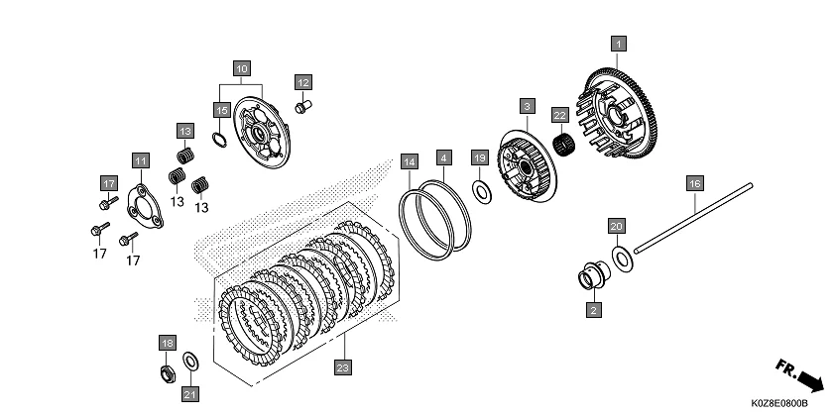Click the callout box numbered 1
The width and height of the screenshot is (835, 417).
click(x=618, y=45)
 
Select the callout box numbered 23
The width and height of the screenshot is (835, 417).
click(x=343, y=368)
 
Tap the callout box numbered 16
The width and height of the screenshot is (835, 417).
click(x=693, y=183)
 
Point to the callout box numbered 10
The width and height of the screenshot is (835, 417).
click(x=241, y=68)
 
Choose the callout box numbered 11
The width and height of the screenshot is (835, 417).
click(x=140, y=160)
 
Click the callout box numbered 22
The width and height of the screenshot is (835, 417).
click(x=559, y=115)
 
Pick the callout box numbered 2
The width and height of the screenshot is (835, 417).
click(x=591, y=310)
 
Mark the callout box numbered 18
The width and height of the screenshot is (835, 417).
click(x=166, y=343)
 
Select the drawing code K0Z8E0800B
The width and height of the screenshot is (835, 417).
click(x=778, y=404)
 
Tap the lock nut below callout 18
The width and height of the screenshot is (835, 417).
click(x=168, y=373)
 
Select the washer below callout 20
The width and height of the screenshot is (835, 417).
click(x=623, y=259)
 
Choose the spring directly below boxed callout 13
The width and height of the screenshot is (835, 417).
click(x=183, y=156)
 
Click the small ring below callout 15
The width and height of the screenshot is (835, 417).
click(x=223, y=138)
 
